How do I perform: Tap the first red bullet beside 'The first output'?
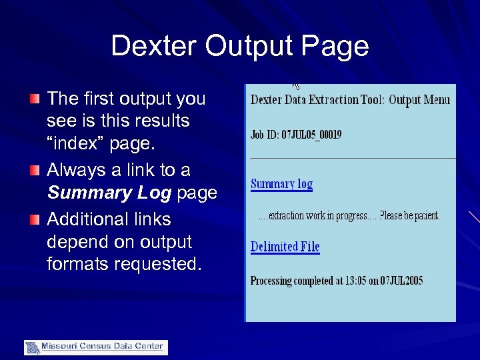(34, 99)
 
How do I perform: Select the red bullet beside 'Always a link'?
(34, 171)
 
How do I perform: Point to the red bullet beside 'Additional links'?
(34, 220)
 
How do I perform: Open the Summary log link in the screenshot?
(281, 184)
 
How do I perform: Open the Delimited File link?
(285, 247)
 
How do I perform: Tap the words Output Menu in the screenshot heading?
(419, 100)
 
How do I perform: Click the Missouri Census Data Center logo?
(96, 347)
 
